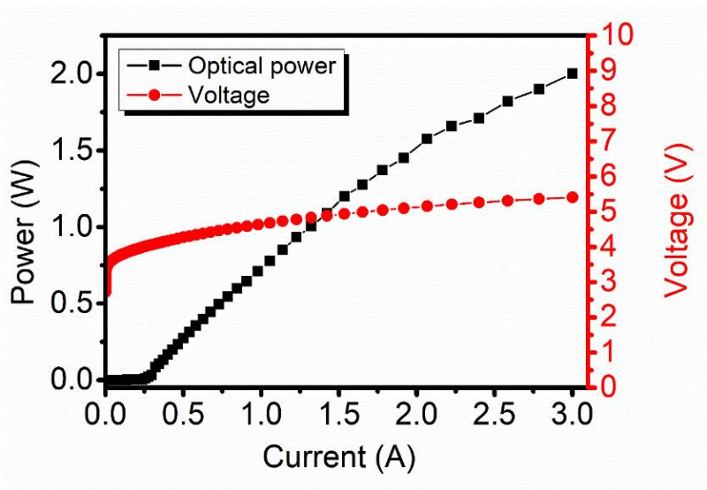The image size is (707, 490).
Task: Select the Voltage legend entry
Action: tap(229, 95)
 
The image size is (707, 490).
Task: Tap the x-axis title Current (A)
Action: tap(338, 457)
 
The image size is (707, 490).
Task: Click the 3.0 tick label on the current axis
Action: tap(572, 414)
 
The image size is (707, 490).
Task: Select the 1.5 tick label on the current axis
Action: tap(339, 414)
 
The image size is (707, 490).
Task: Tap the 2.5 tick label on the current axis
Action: tap(494, 414)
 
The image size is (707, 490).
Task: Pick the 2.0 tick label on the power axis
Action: tap(73, 74)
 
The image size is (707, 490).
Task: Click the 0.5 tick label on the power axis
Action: tap(73, 303)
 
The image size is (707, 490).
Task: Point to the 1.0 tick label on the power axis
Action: tap(73, 227)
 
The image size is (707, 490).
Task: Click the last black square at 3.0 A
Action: tap(572, 73)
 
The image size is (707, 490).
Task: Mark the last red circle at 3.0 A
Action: tap(572, 197)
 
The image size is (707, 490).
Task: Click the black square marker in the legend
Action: tap(156, 66)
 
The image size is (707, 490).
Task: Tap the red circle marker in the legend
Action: tap(156, 95)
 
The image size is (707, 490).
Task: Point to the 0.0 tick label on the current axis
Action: tap(106, 414)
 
